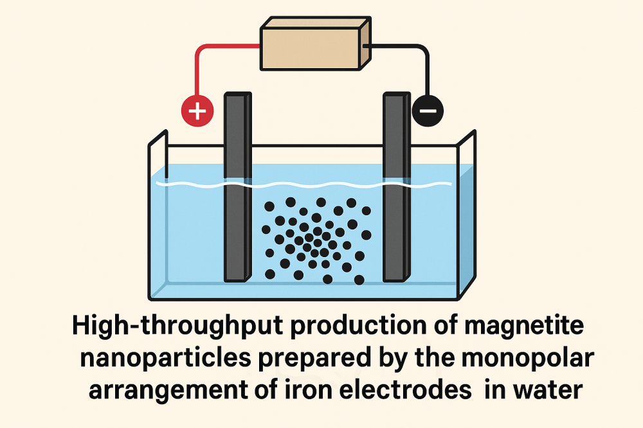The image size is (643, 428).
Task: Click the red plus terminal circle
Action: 198,111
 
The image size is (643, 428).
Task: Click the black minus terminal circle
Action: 427,111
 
